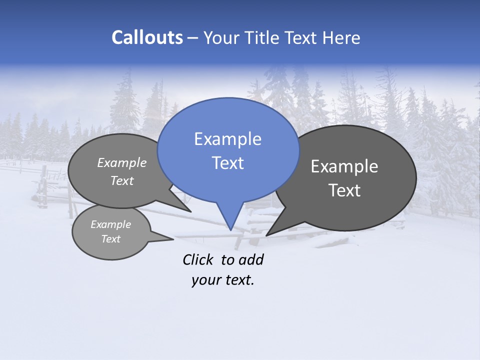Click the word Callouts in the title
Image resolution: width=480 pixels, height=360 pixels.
(x=147, y=37)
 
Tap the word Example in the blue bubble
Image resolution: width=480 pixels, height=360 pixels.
(x=227, y=139)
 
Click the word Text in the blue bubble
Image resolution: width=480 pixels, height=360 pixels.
(x=227, y=162)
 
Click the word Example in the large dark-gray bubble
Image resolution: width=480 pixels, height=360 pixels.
(x=344, y=166)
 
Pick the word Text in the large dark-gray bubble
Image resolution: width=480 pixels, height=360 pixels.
(x=344, y=190)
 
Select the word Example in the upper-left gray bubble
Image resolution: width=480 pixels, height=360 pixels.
(x=122, y=163)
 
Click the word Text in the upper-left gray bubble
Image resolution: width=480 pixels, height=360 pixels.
(x=122, y=181)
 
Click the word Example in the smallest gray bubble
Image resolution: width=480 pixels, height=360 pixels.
(x=110, y=224)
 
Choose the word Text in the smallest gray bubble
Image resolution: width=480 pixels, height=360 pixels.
(x=110, y=239)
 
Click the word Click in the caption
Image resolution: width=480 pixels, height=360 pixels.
(x=199, y=259)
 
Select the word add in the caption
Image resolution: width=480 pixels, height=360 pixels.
(x=251, y=259)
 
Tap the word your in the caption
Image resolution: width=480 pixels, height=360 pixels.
(x=205, y=280)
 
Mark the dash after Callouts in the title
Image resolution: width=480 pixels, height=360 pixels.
(x=193, y=38)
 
